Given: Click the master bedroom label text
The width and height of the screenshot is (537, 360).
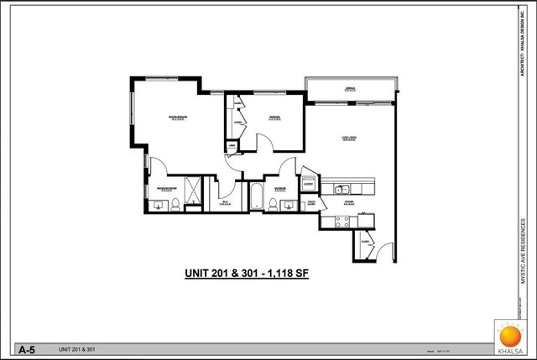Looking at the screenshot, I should coord(176,117).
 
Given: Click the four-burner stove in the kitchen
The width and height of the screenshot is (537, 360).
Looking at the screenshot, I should coord(342,222).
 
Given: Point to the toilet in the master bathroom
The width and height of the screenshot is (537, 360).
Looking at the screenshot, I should coord(175,203).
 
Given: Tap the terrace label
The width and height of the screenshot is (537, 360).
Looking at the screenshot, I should coord(352,89).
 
